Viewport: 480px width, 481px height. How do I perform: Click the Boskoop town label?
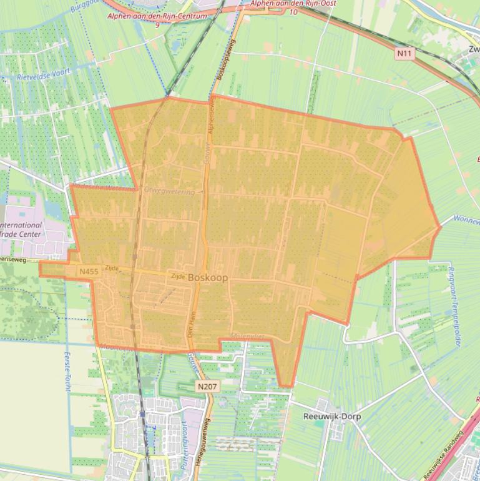pyautogui.click(x=208, y=277)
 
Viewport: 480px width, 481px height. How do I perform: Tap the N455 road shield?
pyautogui.click(x=89, y=272)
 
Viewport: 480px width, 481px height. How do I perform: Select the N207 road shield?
pyautogui.click(x=207, y=387)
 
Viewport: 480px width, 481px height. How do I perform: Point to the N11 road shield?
pyautogui.click(x=404, y=54)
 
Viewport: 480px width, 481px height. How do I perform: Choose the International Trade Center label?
pyautogui.click(x=21, y=230)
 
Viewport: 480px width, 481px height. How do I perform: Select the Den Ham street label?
pyautogui.click(x=191, y=324)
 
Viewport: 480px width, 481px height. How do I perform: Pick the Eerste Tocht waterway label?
pyautogui.click(x=67, y=371)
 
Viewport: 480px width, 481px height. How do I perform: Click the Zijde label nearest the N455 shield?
pyautogui.click(x=112, y=267)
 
